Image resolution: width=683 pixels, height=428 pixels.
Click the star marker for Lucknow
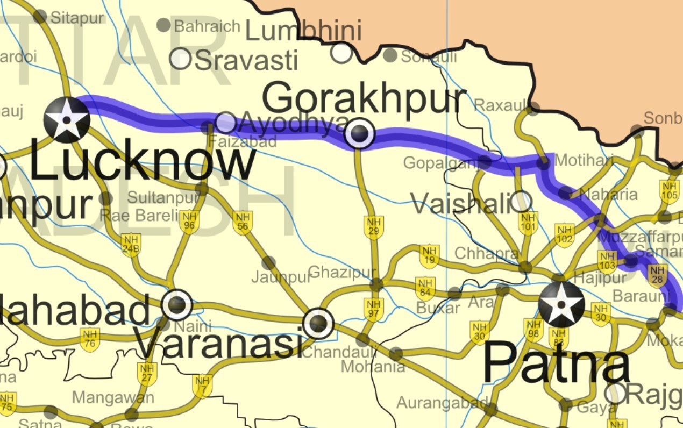click(67, 120)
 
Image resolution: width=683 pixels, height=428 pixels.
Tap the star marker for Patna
click(561, 304)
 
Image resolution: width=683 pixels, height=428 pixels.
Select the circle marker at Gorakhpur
click(359, 133)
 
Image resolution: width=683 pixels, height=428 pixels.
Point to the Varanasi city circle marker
click(318, 323)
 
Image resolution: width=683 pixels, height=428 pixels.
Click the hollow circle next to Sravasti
click(181, 59)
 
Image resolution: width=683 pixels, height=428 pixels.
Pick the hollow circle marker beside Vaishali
click(521, 202)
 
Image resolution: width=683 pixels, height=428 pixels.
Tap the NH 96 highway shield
click(189, 222)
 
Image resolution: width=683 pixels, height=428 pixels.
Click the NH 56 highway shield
click(243, 223)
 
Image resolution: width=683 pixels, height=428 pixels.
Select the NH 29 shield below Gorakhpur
click(373, 227)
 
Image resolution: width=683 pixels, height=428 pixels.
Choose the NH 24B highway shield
click(131, 245)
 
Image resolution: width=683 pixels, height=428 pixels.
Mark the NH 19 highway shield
click(429, 256)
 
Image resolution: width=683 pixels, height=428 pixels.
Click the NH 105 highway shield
click(669, 191)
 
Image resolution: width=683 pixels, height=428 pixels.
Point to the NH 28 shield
click(656, 276)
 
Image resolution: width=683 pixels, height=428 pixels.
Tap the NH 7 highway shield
click(202, 386)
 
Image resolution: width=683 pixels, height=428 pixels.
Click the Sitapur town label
click(77, 17)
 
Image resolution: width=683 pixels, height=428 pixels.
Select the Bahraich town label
click(207, 25)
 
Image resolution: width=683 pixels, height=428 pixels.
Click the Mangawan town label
click(113, 398)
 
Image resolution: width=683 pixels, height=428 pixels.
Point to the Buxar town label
click(438, 308)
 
